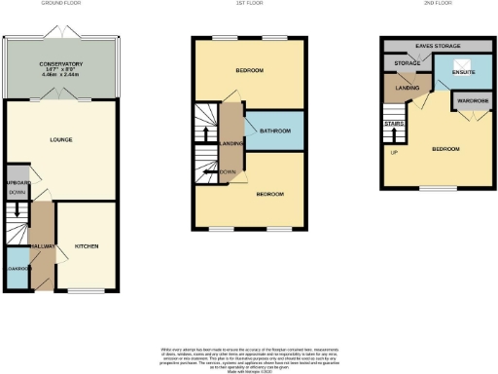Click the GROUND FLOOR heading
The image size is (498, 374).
coord(61,4)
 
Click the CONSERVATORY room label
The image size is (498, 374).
coord(61,64)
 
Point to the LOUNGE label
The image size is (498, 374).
coord(61,140)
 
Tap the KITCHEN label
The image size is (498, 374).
coord(87,247)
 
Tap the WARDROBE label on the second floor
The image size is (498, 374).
coord(470,100)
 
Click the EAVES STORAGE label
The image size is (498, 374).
coord(437,46)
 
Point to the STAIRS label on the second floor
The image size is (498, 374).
coord(393,124)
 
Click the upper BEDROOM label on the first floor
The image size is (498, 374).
coord(250,72)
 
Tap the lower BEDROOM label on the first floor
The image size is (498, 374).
coord(269,195)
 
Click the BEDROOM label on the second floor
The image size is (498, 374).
coord(445,149)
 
